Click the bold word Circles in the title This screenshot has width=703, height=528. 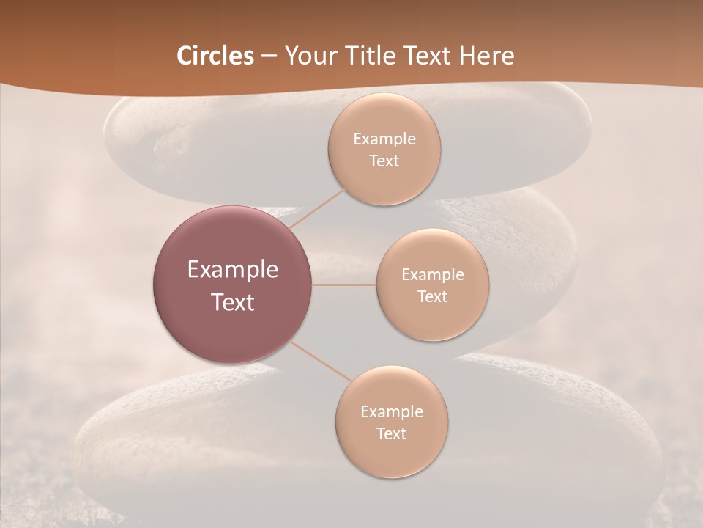point(215,56)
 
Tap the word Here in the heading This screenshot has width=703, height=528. point(486,56)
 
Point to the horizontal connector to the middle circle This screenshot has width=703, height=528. point(344,285)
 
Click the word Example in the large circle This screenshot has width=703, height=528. point(233,270)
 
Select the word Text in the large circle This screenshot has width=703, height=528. point(233,302)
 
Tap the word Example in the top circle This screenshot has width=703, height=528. point(384,139)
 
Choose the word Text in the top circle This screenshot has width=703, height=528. point(384,161)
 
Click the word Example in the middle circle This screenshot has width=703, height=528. point(433,275)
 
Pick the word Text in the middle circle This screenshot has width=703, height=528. point(433,297)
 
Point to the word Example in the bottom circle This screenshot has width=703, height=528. point(392,412)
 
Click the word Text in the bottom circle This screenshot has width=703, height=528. point(392,434)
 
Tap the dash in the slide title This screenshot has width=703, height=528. point(268,56)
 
